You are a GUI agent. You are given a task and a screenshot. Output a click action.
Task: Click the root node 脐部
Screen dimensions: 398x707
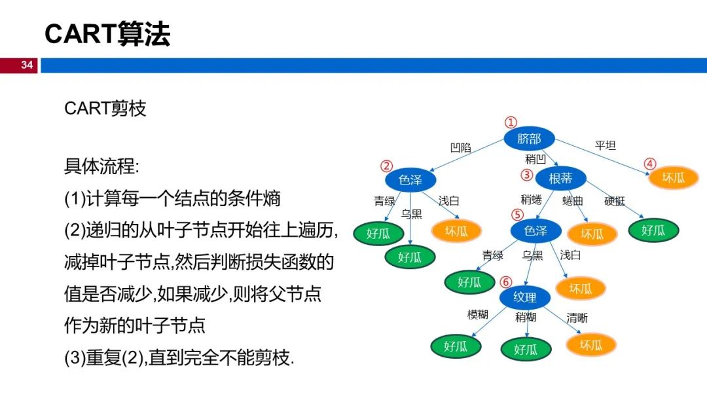[x=529, y=139]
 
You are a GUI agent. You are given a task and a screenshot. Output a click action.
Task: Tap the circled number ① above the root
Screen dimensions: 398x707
[x=511, y=122]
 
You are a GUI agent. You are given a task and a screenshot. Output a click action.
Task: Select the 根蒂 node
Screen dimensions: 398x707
[x=560, y=178]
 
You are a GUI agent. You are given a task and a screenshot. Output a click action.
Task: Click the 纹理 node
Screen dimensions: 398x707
[x=524, y=298]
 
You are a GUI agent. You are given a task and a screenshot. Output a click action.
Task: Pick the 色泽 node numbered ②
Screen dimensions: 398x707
[x=410, y=179]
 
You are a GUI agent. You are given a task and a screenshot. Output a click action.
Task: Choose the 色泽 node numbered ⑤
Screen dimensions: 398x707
[x=535, y=230]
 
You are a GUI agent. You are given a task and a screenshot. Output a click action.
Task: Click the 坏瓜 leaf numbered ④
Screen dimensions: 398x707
[x=673, y=177]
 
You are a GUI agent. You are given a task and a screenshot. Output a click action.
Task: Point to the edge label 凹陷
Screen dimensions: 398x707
[x=460, y=148]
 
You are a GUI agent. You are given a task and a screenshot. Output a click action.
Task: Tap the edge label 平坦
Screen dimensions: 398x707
[x=605, y=145]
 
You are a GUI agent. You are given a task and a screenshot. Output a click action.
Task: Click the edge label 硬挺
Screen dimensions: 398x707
[x=615, y=201]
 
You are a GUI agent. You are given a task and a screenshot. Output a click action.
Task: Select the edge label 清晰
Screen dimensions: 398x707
[x=577, y=318]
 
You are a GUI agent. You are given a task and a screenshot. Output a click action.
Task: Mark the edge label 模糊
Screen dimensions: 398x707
[x=477, y=315]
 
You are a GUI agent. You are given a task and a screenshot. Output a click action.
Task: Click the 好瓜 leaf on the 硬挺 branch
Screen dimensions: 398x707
[x=653, y=230]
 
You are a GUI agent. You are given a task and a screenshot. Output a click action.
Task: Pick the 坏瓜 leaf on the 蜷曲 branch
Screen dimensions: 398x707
[x=592, y=234]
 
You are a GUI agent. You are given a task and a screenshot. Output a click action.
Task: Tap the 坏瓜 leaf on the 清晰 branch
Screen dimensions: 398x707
[x=590, y=345]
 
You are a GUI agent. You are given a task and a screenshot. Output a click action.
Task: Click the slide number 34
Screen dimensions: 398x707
[x=27, y=65]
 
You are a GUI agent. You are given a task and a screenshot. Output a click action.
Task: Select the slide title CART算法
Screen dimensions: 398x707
[x=107, y=34]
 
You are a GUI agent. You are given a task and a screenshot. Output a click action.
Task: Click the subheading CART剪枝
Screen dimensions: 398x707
[x=105, y=109]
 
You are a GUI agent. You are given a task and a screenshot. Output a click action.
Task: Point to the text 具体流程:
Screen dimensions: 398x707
[x=101, y=166]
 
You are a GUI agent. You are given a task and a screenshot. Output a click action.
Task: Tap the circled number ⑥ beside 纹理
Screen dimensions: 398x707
[x=505, y=282]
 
